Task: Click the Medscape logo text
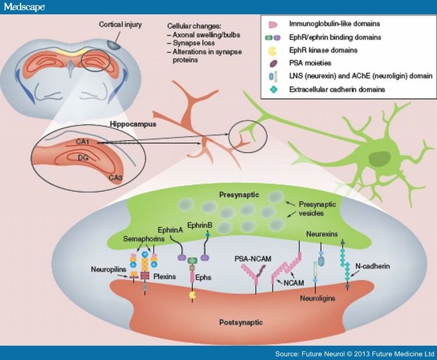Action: (x=24, y=7)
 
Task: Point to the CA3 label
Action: (x=115, y=178)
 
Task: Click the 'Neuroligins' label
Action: (x=317, y=298)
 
